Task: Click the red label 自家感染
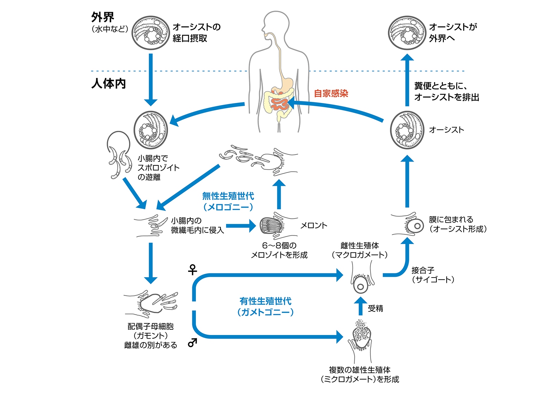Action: pyautogui.click(x=331, y=93)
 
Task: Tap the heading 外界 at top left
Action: pyautogui.click(x=103, y=17)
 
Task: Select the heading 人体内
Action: pyautogui.click(x=108, y=84)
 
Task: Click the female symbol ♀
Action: pyautogui.click(x=192, y=270)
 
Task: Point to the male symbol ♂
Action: pyautogui.click(x=192, y=342)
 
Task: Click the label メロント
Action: pyautogui.click(x=314, y=225)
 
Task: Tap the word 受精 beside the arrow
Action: pyautogui.click(x=376, y=308)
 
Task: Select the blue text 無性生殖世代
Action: pyautogui.click(x=228, y=196)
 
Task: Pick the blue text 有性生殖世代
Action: pyautogui.click(x=265, y=301)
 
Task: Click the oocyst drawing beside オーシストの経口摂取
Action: pyautogui.click(x=151, y=33)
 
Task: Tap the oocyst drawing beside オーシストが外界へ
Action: pyautogui.click(x=407, y=33)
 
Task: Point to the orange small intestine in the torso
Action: pyautogui.click(x=280, y=103)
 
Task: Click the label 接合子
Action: pyautogui.click(x=423, y=270)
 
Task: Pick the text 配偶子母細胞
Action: pyautogui.click(x=150, y=326)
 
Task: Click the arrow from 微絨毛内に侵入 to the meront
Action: pyautogui.click(x=241, y=226)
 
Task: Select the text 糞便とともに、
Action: pyautogui.click(x=441, y=86)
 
